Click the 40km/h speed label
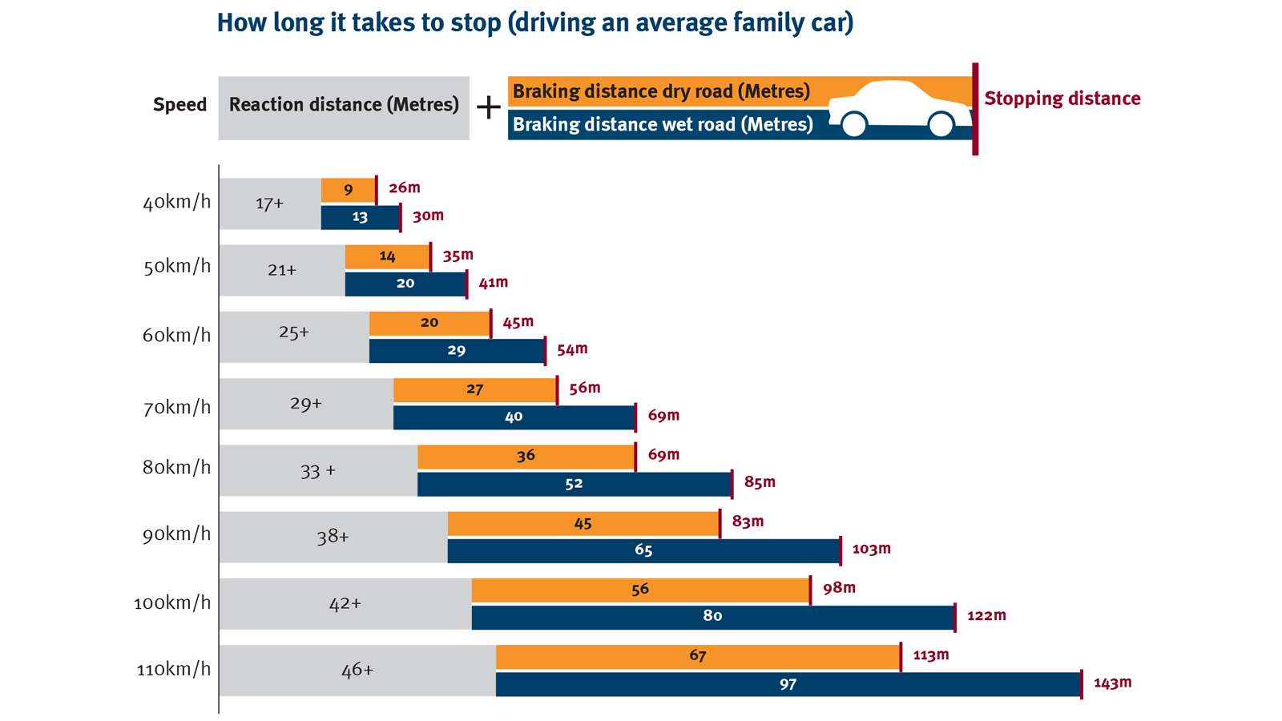(x=176, y=202)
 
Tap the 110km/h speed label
(x=174, y=669)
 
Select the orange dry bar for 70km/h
(x=474, y=390)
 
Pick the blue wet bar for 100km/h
(x=712, y=617)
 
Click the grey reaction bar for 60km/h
(x=293, y=336)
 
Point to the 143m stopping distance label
(x=1112, y=683)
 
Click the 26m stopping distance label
(x=404, y=187)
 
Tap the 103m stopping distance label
(x=871, y=549)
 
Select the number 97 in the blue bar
(x=788, y=684)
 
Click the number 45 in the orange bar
(x=583, y=523)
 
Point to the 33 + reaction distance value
(x=317, y=471)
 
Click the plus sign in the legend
(x=488, y=107)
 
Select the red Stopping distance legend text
(x=1062, y=99)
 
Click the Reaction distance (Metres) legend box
(x=344, y=107)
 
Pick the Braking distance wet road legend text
(x=662, y=124)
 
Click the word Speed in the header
(x=179, y=105)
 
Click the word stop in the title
(x=463, y=22)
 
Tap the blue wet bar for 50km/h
(x=405, y=284)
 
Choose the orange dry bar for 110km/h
(x=697, y=656)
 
